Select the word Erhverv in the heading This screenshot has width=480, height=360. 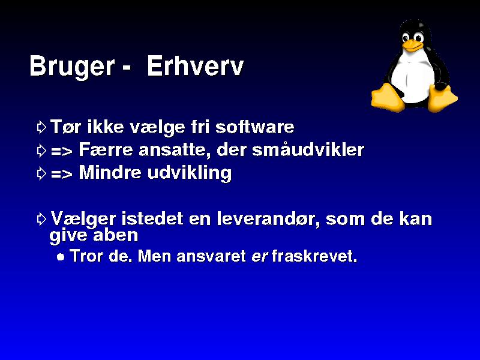pyautogui.click(x=196, y=66)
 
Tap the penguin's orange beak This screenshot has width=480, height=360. pyautogui.click(x=412, y=45)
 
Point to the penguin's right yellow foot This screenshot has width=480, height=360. pyautogui.click(x=442, y=98)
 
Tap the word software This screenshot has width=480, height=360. pyautogui.click(x=254, y=127)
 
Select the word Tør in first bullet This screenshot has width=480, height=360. pyautogui.click(x=66, y=127)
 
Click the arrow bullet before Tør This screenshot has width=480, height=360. pyautogui.click(x=41, y=127)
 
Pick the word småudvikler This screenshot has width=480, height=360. pyautogui.click(x=308, y=149)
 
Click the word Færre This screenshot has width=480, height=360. pyautogui.click(x=106, y=149)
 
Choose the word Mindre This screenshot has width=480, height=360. pyautogui.click(x=110, y=172)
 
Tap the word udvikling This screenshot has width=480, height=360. pyautogui.click(x=190, y=173)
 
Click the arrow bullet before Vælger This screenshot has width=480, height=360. pyautogui.click(x=41, y=219)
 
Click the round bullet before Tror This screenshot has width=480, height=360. pyautogui.click(x=61, y=257)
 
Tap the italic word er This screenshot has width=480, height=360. pyautogui.click(x=260, y=257)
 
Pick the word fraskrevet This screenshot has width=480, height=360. pyautogui.click(x=314, y=256)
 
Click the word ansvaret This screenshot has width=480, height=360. pyautogui.click(x=211, y=256)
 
